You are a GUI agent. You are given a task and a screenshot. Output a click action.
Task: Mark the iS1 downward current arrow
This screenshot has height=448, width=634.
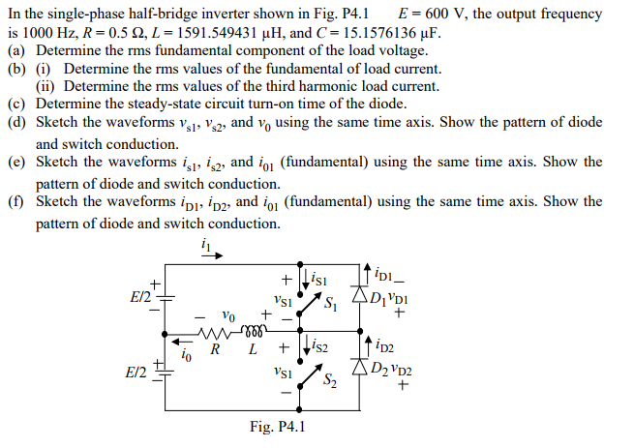point(306,279)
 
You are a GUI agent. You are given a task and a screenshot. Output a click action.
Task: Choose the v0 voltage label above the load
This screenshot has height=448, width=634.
point(227,315)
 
